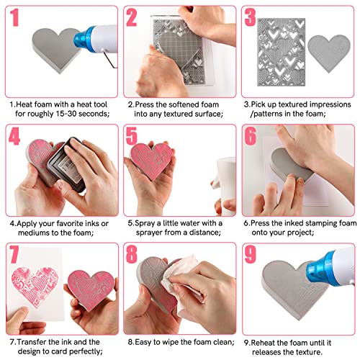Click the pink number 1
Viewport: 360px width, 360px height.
(14, 17)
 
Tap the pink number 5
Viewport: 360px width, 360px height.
(132, 136)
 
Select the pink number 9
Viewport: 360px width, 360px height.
(251, 254)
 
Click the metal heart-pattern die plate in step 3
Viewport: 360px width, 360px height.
(282, 52)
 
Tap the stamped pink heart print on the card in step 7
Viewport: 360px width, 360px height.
(35, 287)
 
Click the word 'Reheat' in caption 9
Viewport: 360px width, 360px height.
(263, 343)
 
